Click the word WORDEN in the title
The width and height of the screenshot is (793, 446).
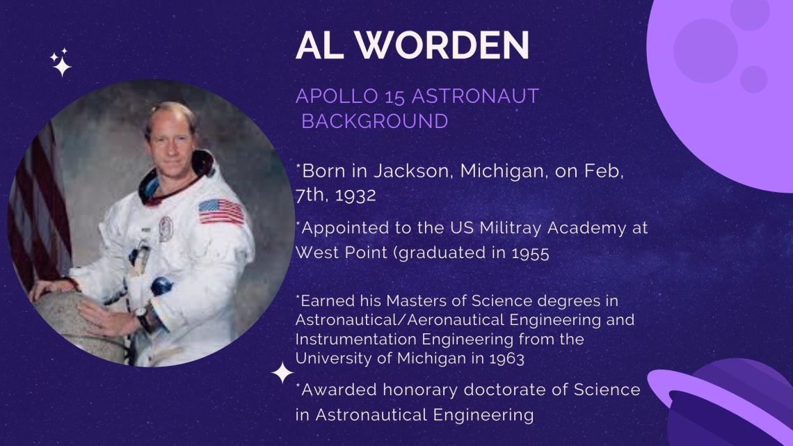point(442,45)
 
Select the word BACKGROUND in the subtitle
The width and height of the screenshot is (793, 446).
point(375,121)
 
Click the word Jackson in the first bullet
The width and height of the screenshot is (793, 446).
point(411,171)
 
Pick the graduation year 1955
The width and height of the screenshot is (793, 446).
point(530,253)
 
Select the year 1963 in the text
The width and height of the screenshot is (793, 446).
point(506,358)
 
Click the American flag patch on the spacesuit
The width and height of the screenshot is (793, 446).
point(221,212)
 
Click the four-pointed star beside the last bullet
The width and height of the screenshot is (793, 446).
point(282,373)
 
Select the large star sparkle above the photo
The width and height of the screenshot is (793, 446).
point(62,67)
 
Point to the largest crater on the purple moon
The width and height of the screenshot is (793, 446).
point(705,51)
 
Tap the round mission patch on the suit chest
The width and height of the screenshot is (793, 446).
point(166,228)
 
